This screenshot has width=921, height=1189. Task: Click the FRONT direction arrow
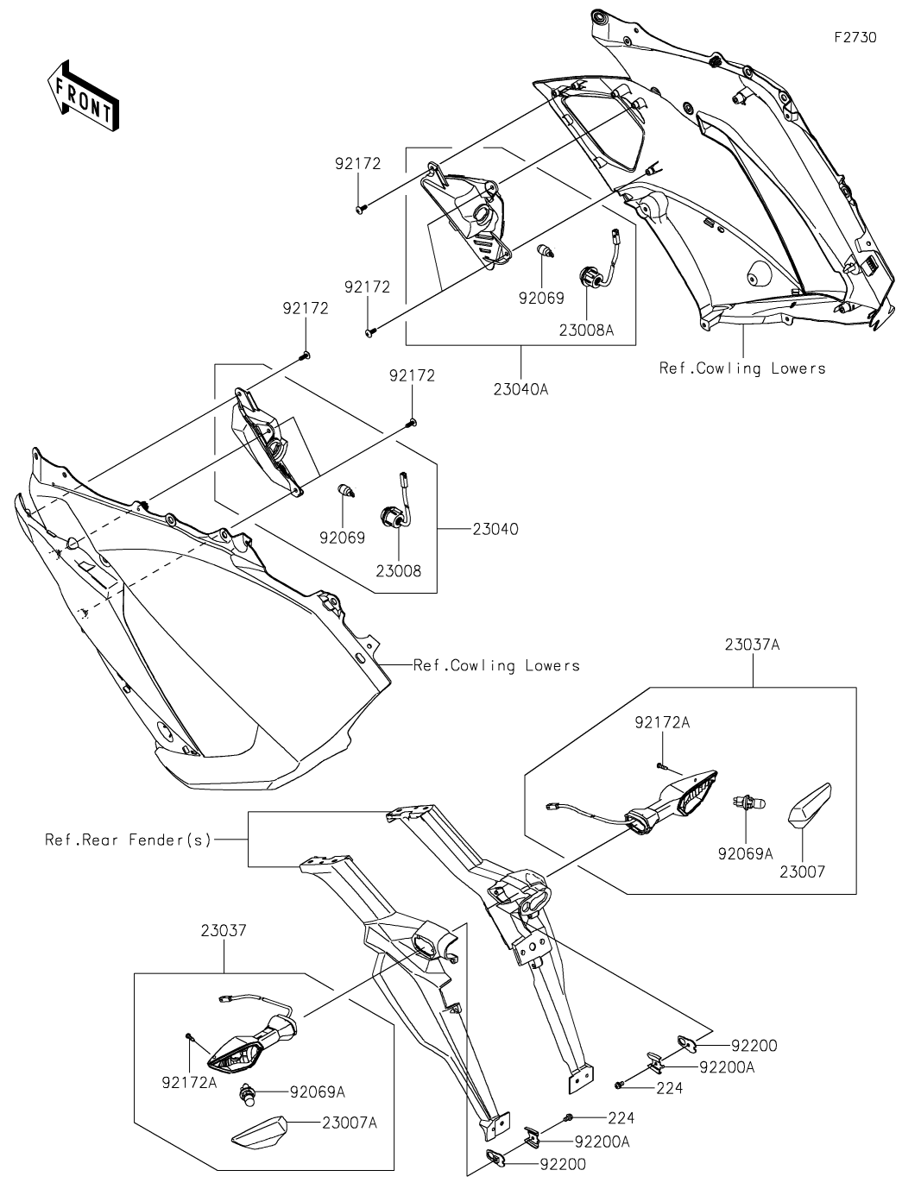point(82,95)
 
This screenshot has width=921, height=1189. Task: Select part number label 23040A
point(520,388)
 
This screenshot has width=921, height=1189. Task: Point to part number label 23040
point(495,529)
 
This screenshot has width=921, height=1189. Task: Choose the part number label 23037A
point(752,644)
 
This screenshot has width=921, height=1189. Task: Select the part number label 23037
point(224,931)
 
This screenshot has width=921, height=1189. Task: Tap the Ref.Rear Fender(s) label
point(128,839)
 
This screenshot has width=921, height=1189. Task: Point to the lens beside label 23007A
point(258,1130)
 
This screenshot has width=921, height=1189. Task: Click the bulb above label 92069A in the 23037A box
point(747,802)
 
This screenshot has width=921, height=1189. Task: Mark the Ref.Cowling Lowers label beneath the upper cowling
point(742,368)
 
